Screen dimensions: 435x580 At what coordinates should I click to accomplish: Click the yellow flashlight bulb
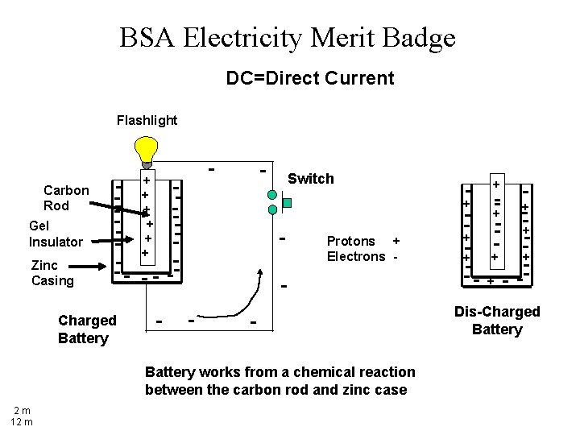pyautogui.click(x=146, y=151)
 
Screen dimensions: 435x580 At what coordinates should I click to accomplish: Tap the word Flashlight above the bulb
pyautogui.click(x=147, y=120)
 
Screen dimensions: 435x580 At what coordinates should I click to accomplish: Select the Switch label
pyautogui.click(x=310, y=179)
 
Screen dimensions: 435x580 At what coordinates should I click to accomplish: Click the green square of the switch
pyautogui.click(x=286, y=203)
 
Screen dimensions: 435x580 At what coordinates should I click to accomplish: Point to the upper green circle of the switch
pyautogui.click(x=273, y=195)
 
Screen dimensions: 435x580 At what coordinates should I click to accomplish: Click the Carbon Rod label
pyautogui.click(x=66, y=198)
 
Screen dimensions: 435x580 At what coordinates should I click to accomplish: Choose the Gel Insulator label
pyautogui.click(x=56, y=234)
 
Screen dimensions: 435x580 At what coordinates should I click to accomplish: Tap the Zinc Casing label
pyautogui.click(x=52, y=273)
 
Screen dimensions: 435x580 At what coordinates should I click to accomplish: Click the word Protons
pyautogui.click(x=350, y=241)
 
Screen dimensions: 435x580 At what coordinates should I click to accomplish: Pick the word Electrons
pyautogui.click(x=355, y=256)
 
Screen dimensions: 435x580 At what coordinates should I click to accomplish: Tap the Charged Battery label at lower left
pyautogui.click(x=87, y=329)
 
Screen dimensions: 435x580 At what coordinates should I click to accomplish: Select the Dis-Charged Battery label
pyautogui.click(x=497, y=320)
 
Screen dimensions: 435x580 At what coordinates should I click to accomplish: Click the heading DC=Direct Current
pyautogui.click(x=310, y=78)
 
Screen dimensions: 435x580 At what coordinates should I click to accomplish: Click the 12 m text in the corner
pyautogui.click(x=21, y=421)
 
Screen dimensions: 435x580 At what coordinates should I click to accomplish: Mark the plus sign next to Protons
pyautogui.click(x=395, y=241)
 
